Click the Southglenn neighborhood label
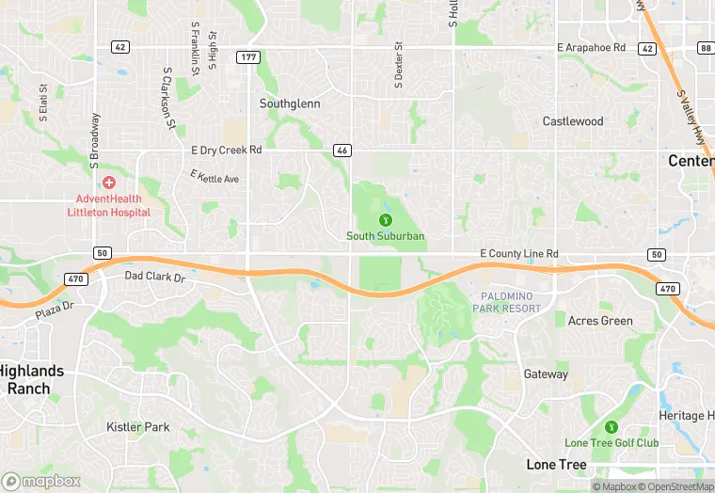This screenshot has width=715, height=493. point(290,103)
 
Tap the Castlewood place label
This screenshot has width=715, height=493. point(573,121)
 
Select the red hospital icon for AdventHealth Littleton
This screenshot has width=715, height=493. point(109,182)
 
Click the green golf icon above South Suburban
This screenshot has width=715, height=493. point(385,219)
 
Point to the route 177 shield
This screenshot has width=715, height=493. point(247,57)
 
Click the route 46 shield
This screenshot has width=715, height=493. point(342,150)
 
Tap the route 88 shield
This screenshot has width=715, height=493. point(704,47)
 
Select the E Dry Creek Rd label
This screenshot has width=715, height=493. point(226,150)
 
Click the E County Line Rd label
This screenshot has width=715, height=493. point(518,254)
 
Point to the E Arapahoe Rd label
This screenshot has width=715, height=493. point(591,47)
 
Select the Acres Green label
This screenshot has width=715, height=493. point(600,321)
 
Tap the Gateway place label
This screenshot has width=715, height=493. point(546,374)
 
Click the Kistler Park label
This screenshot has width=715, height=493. point(138,427)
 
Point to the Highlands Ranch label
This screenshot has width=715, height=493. point(33,379)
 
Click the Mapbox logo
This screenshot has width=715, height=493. point(41,480)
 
